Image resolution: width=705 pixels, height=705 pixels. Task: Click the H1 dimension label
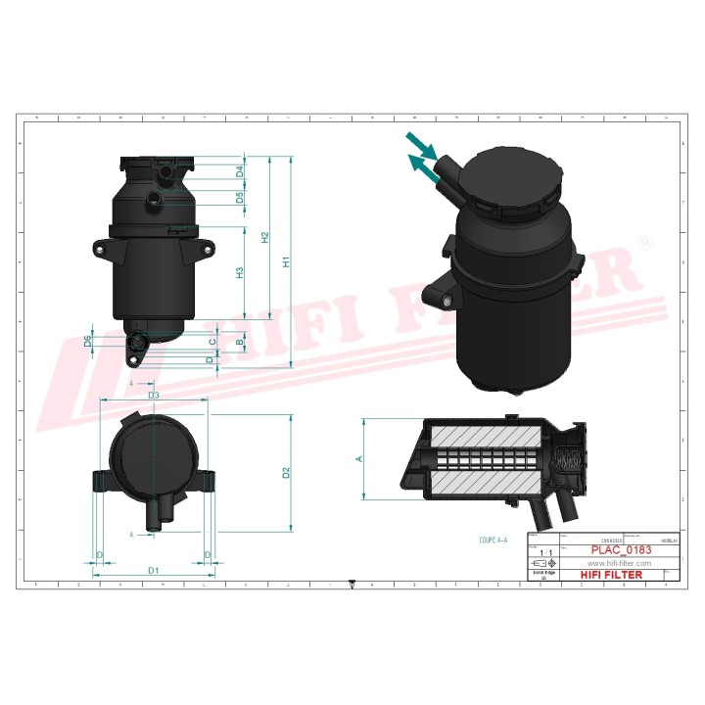pyautogui.click(x=287, y=262)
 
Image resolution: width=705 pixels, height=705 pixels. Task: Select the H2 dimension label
pyautogui.click(x=264, y=238)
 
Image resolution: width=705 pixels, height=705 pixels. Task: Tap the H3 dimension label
pyautogui.click(x=240, y=273)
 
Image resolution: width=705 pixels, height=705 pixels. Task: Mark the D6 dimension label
pyautogui.click(x=88, y=340)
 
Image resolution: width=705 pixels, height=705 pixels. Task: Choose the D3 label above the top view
pyautogui.click(x=154, y=395)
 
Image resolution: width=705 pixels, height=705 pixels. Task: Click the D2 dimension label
pyautogui.click(x=286, y=474)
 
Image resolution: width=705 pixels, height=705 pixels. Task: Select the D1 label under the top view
pyautogui.click(x=154, y=570)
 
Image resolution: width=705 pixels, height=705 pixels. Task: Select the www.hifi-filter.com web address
pyautogui.click(x=619, y=564)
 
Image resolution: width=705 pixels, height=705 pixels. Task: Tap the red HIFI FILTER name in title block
pyautogui.click(x=612, y=576)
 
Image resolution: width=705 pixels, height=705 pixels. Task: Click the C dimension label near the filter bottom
pyautogui.click(x=213, y=341)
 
